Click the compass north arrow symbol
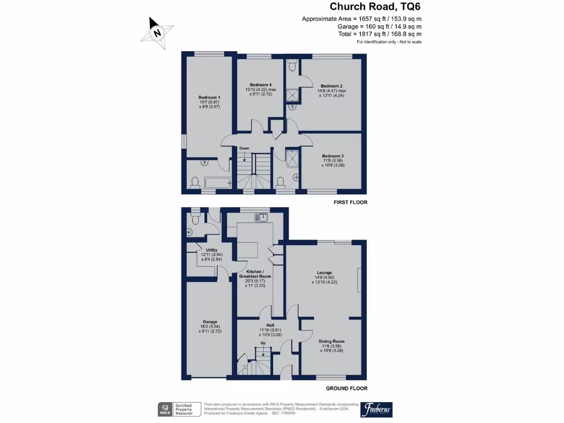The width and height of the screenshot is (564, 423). tap(158, 32)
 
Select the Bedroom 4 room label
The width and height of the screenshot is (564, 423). tap(261, 85)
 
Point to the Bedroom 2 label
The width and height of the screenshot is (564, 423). tap(332, 86)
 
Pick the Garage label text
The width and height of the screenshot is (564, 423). tap(209, 322)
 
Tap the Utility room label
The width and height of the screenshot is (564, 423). tap(211, 250)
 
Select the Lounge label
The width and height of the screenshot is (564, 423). tap(324, 273)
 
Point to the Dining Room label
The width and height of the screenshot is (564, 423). tap(332, 341)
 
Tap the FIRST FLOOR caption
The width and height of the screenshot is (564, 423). tap(350, 202)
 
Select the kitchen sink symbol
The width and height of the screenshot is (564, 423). tap(261, 217)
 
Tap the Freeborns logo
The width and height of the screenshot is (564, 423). tap(376, 410)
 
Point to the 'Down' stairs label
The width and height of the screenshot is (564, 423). tap(244, 148)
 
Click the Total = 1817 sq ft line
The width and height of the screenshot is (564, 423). tap(379, 34)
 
